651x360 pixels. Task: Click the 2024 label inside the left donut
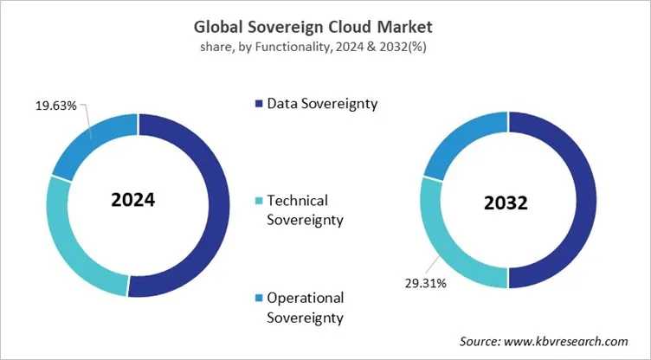click(x=132, y=200)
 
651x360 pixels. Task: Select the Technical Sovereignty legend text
click(x=305, y=209)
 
